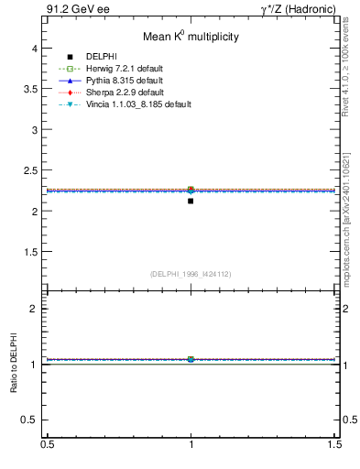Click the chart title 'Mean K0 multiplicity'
click(x=191, y=38)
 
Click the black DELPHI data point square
click(x=191, y=201)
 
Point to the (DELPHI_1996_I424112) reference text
click(x=191, y=273)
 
